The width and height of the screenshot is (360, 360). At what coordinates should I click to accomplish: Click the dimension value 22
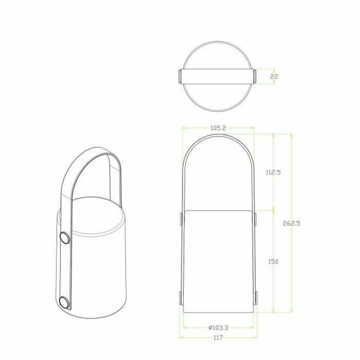point(273,76)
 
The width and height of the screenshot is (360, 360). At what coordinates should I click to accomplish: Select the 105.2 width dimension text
point(218,128)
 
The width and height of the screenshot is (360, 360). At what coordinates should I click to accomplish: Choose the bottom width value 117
point(218,338)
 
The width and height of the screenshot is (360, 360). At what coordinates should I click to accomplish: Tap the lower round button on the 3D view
point(63,301)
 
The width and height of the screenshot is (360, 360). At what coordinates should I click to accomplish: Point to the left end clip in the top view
point(180,76)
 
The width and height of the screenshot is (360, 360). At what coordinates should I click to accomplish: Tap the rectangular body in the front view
point(218,260)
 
